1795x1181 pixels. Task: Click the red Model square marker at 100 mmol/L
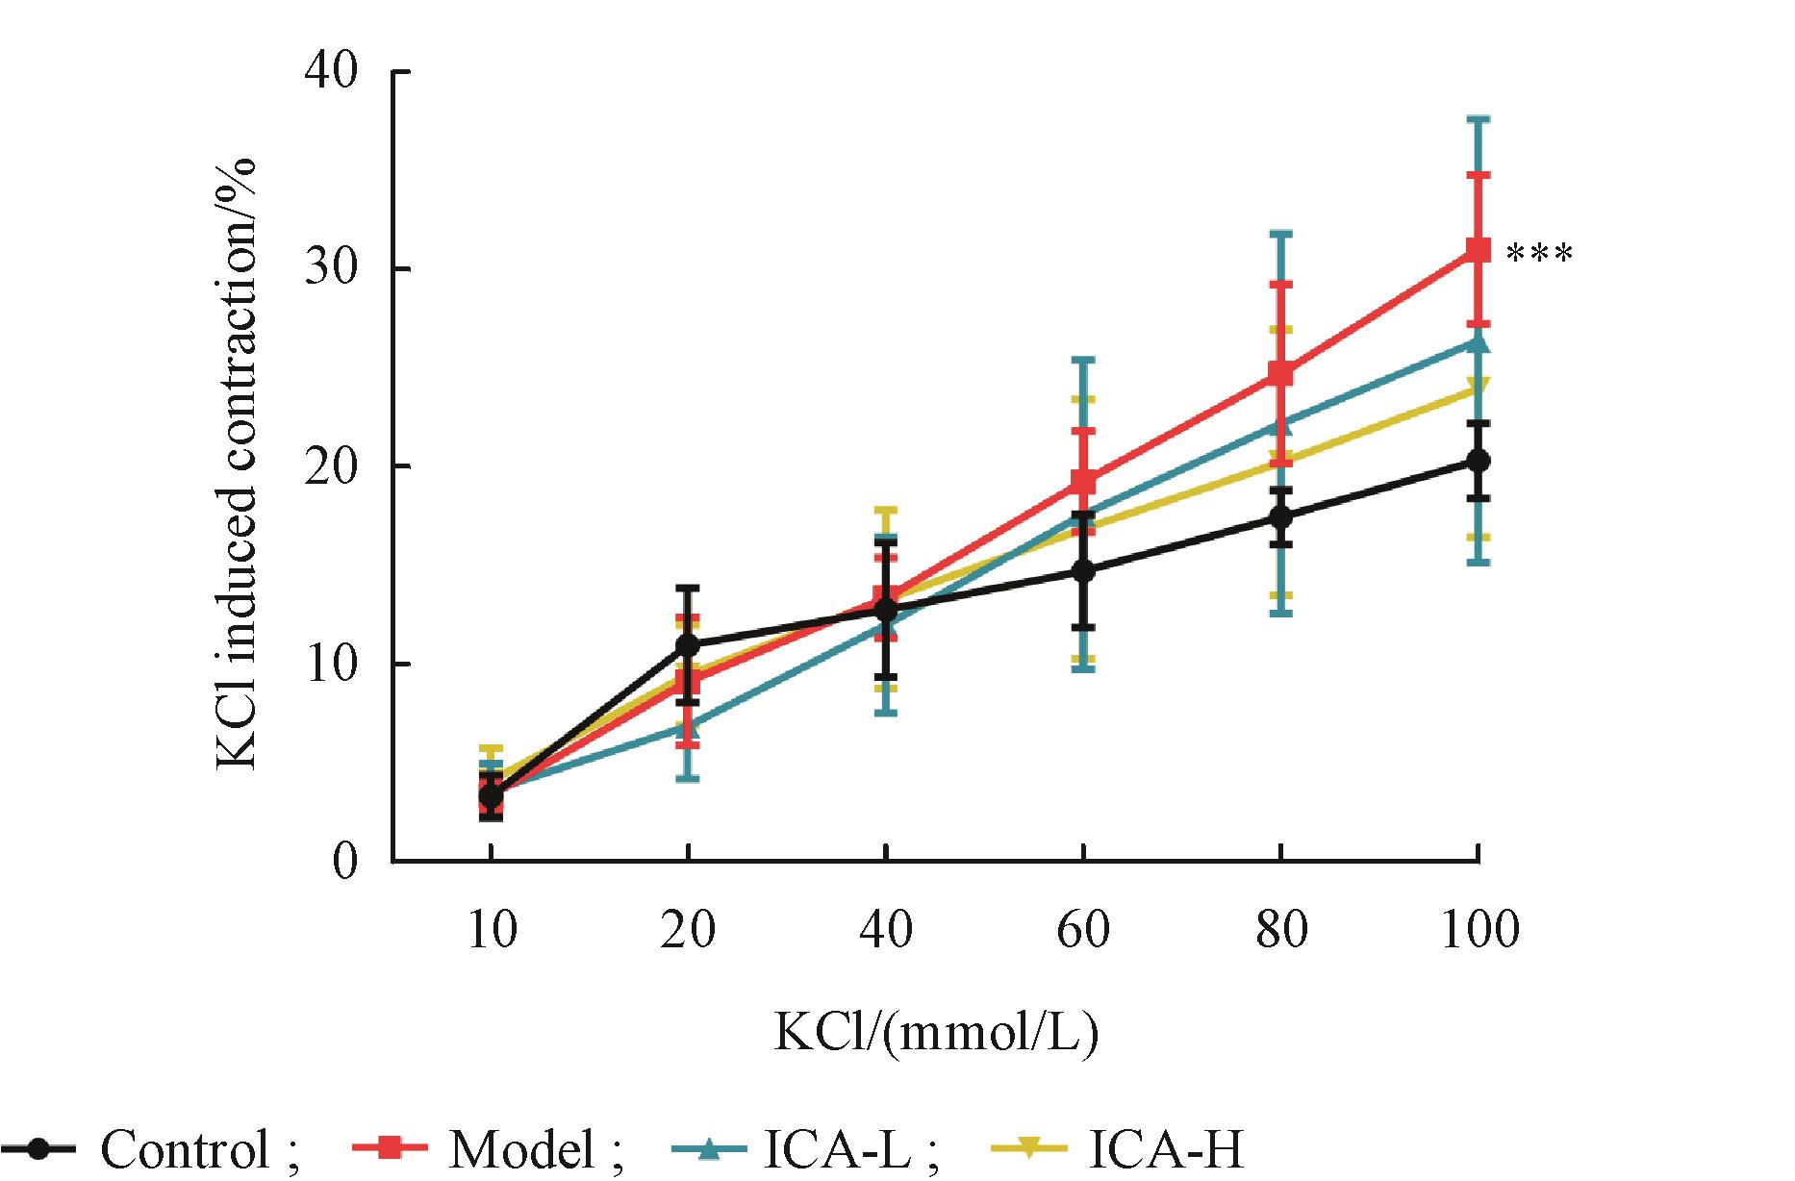click(1478, 251)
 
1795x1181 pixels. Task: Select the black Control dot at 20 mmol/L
click(688, 643)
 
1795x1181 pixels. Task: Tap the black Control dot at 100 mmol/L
click(1478, 462)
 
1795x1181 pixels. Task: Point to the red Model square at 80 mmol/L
click(1280, 373)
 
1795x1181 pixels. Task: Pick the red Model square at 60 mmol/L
click(1083, 481)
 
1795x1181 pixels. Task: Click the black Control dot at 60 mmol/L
click(1083, 571)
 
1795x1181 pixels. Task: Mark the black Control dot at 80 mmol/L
click(1280, 517)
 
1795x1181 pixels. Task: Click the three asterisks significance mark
click(1539, 255)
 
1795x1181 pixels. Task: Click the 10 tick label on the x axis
click(492, 930)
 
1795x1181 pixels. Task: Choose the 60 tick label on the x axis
click(1083, 930)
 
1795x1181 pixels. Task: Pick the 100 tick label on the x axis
click(1479, 930)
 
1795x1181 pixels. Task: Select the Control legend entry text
click(185, 1149)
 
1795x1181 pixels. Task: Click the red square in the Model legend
click(391, 1147)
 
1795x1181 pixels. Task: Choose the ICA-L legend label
click(837, 1149)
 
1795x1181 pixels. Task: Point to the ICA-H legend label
click(1166, 1149)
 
